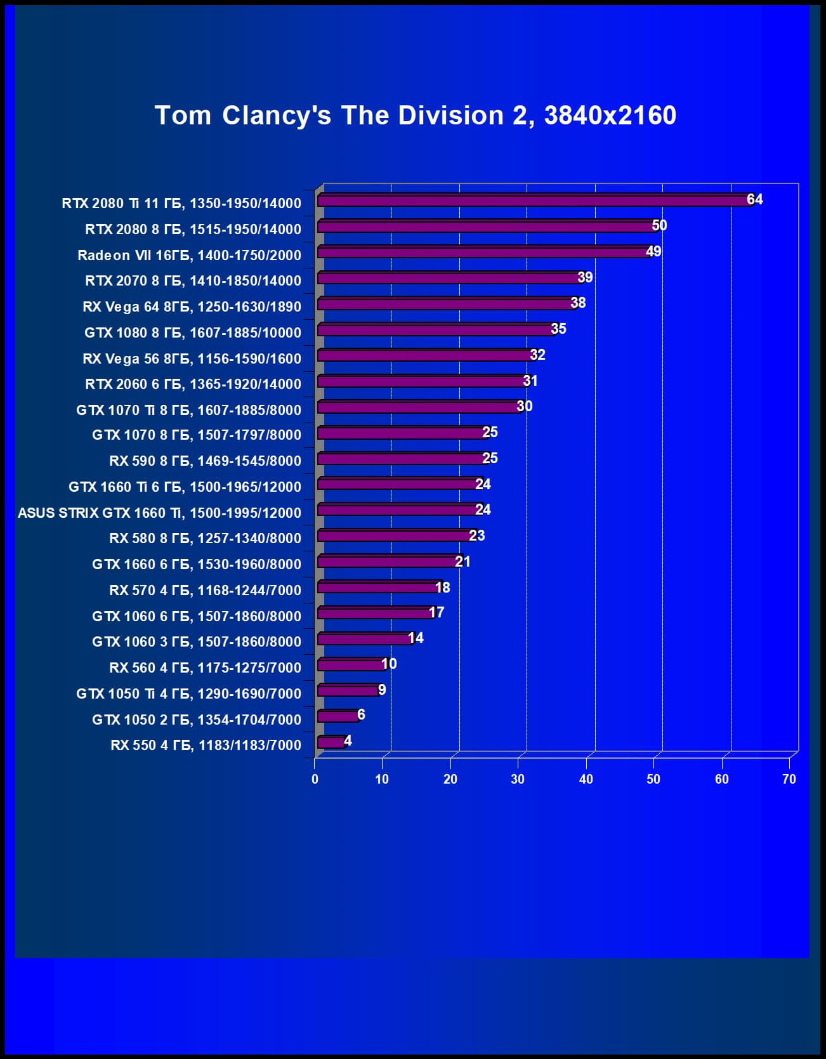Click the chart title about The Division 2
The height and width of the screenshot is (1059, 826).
(x=416, y=115)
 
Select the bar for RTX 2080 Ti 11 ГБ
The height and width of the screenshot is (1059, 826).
(x=533, y=201)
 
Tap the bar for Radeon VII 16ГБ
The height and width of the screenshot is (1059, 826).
(x=482, y=253)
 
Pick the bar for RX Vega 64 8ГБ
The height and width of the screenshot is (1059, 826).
(x=444, y=304)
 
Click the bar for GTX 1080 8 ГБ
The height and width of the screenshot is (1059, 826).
(x=435, y=330)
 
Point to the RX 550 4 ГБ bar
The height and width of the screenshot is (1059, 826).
(x=331, y=742)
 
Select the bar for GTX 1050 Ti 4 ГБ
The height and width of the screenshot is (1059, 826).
(x=348, y=690)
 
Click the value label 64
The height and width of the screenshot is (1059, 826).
(x=754, y=199)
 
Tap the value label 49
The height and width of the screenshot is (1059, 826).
(x=653, y=251)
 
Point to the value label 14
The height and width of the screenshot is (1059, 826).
(x=416, y=638)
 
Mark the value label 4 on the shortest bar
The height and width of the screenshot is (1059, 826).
(x=348, y=740)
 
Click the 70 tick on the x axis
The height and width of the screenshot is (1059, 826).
(x=789, y=779)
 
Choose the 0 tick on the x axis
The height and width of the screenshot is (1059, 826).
(x=315, y=779)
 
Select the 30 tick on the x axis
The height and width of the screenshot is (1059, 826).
(x=518, y=779)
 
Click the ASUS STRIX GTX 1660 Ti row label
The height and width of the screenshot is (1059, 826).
(x=159, y=513)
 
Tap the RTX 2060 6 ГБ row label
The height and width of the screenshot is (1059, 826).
(x=193, y=384)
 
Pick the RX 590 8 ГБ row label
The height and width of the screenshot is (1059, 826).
(x=205, y=461)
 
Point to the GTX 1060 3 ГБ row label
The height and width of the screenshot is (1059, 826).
(x=196, y=641)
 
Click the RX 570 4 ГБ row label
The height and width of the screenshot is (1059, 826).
(x=205, y=590)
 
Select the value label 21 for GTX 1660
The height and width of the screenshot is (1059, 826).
(x=462, y=562)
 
